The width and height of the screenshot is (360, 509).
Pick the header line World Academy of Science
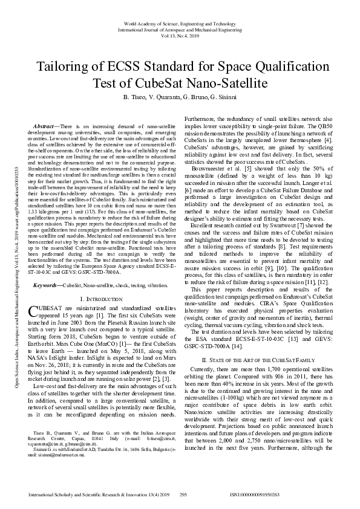coord(179,22)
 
